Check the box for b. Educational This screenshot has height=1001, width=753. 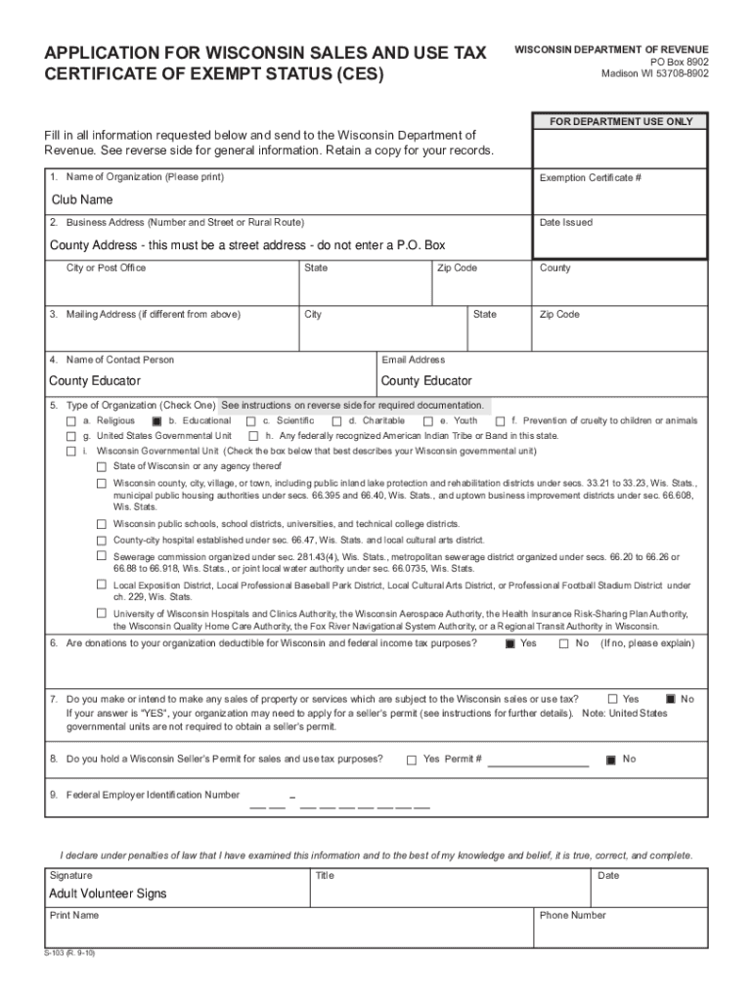tap(155, 421)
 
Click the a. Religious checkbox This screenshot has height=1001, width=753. tap(70, 421)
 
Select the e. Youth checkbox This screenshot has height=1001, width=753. tap(427, 421)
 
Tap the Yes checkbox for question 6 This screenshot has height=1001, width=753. tap(509, 644)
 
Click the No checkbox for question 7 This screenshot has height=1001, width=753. tap(670, 699)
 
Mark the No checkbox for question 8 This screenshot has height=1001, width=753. tap(611, 760)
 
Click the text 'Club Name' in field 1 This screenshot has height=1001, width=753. tap(82, 199)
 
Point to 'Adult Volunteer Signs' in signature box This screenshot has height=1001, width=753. tap(108, 893)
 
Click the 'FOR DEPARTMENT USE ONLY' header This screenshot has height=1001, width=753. tap(620, 122)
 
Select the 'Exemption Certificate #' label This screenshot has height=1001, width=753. tap(590, 178)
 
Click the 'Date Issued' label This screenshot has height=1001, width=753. tap(565, 223)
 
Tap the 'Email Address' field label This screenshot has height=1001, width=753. tap(413, 360)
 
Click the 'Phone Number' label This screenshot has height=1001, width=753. tap(572, 915)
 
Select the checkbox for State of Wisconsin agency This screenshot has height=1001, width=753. tap(100, 467)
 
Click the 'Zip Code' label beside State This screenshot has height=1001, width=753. tap(458, 268)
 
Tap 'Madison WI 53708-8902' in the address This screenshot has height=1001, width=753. tap(655, 73)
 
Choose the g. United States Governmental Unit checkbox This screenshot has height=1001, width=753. tap(70, 436)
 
